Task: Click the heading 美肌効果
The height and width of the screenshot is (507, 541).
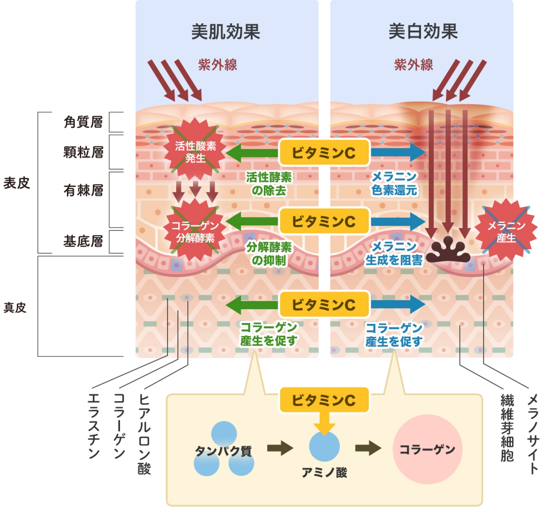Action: coord(226,32)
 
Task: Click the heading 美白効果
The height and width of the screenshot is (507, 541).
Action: coord(423,32)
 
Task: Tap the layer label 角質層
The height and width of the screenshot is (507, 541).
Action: coord(83,122)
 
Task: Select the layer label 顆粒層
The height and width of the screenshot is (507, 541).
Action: coord(83,152)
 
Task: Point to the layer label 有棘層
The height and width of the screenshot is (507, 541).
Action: coord(83,190)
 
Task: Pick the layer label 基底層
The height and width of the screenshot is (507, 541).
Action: coord(83,241)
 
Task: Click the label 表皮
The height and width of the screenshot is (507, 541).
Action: coord(17,183)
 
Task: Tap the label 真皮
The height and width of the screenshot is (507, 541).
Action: coord(15,308)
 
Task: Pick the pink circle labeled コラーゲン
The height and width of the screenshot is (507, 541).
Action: coord(427,449)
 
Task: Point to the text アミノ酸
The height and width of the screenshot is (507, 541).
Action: coord(324,472)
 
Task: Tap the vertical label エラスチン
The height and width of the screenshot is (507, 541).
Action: coord(94,426)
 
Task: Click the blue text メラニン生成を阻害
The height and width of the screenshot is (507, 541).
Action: coord(394,253)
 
